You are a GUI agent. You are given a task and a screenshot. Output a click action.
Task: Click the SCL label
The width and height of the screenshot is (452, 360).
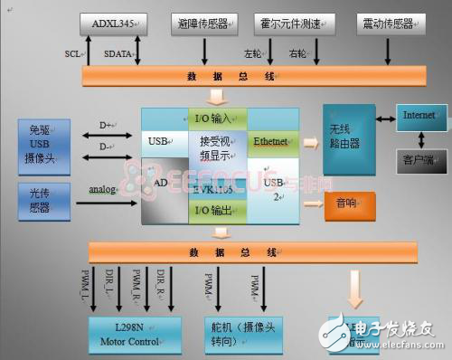pos(73,53)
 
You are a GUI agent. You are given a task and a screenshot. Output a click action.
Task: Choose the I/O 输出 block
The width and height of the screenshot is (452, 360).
pos(215,210)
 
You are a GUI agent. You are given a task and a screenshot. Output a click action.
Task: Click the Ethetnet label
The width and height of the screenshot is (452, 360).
pos(270,141)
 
